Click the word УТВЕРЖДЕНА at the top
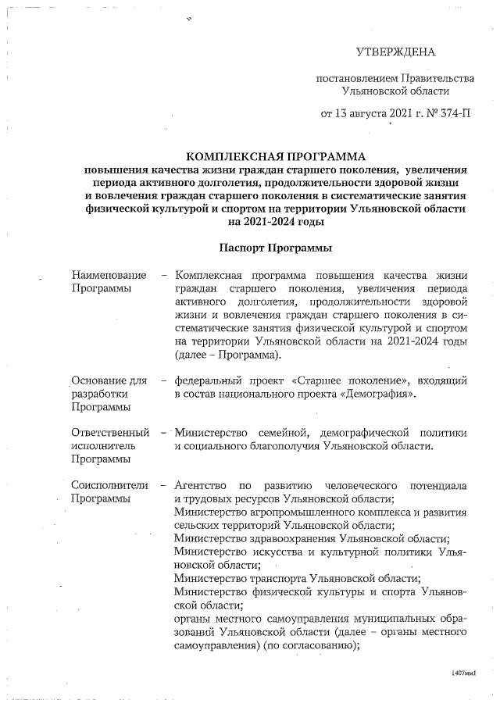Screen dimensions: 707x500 (x=395, y=52)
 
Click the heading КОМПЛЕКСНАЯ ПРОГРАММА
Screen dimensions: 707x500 (x=276, y=156)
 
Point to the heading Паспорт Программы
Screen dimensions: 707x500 (x=276, y=248)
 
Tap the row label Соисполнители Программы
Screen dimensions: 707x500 (x=109, y=492)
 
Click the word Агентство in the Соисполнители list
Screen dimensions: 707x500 (x=201, y=486)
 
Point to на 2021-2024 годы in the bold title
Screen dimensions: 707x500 (x=276, y=222)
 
